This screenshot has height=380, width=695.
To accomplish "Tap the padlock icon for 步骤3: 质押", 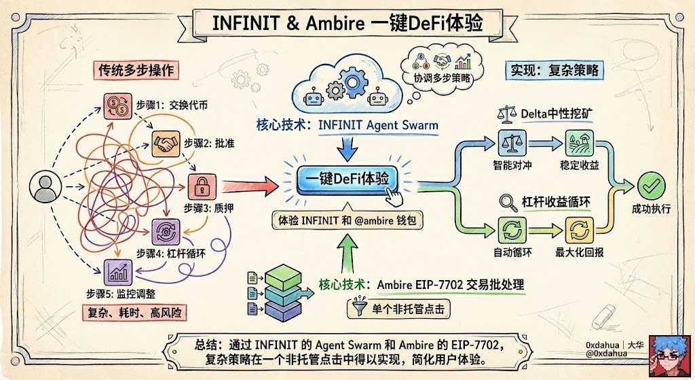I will [x=202, y=186].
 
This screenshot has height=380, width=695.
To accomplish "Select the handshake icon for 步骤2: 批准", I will [x=165, y=143].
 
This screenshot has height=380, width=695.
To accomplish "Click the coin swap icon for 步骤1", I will [x=116, y=106].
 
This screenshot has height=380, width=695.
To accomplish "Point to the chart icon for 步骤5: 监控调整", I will [x=117, y=273].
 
